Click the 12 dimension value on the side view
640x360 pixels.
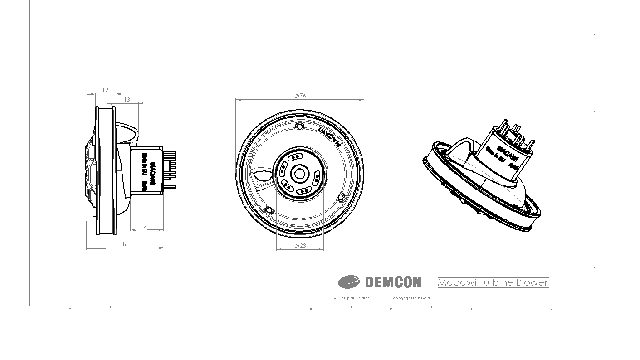(105, 90)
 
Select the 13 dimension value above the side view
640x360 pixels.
(127, 100)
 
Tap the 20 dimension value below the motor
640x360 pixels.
(147, 226)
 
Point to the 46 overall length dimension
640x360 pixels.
(125, 244)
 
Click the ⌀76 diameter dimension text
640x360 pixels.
(300, 96)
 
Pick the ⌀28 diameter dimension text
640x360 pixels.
(300, 246)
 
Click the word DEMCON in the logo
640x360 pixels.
(393, 282)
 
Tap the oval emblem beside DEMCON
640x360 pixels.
(349, 282)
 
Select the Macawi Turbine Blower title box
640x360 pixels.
(493, 282)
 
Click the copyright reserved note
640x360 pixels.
(411, 298)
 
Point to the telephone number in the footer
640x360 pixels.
(352, 298)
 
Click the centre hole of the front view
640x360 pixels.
(299, 173)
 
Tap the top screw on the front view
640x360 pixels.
(299, 126)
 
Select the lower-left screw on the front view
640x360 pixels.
(269, 209)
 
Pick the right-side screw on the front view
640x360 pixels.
(342, 197)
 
